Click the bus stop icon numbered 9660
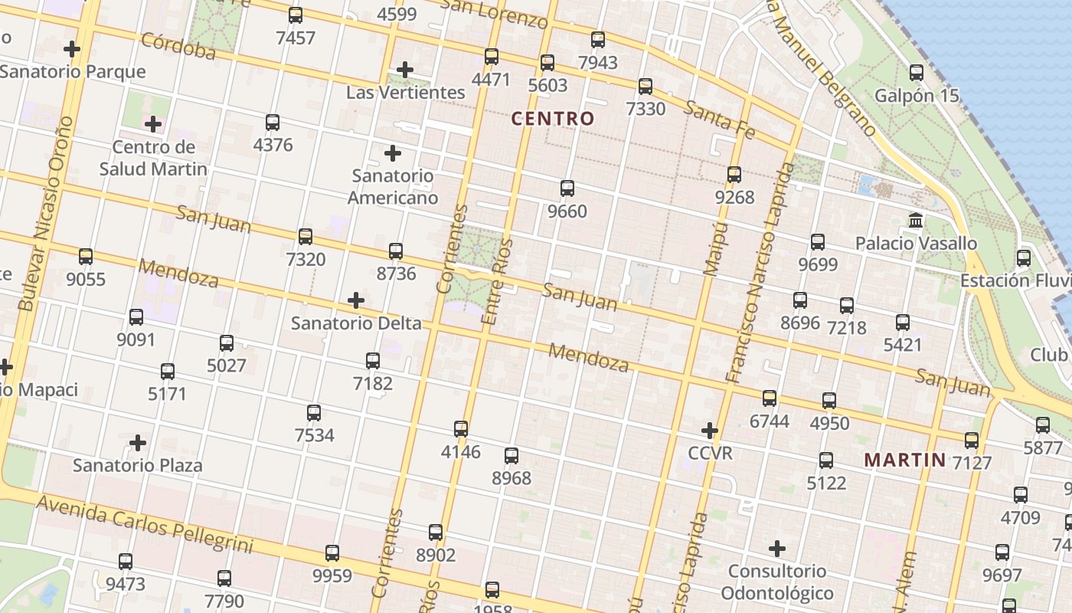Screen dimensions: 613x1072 click(567, 188)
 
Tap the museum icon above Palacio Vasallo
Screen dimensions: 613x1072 click(915, 221)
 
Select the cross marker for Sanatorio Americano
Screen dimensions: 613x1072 click(393, 153)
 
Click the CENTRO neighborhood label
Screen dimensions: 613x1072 click(552, 119)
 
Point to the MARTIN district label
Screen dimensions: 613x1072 click(904, 461)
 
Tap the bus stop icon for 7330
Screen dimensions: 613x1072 click(645, 86)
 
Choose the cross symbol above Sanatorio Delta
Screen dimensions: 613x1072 click(356, 300)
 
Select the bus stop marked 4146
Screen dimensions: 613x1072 click(461, 429)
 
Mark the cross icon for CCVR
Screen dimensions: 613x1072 click(710, 430)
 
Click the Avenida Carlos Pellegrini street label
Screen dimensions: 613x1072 click(144, 524)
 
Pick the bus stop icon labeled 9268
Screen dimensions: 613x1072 click(734, 175)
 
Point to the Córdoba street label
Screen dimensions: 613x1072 click(178, 46)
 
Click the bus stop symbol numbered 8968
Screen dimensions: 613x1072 click(511, 456)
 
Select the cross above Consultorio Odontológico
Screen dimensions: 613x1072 click(777, 549)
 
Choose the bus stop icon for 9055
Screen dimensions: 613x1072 click(86, 257)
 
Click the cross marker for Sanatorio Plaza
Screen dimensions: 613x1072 click(138, 443)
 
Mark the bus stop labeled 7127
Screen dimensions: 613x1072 click(972, 441)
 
